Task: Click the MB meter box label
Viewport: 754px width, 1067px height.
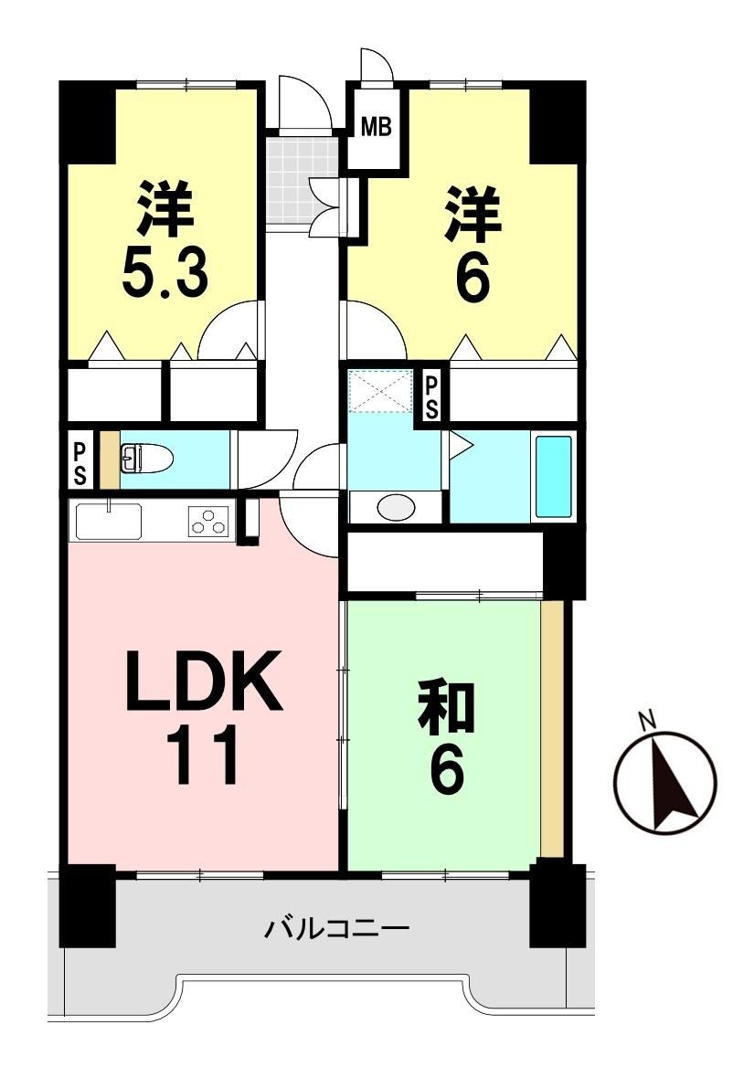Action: (377, 127)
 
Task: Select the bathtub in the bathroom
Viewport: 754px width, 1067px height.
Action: (553, 476)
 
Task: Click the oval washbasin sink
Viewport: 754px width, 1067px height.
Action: (396, 507)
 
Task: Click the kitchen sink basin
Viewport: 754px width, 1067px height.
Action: (109, 522)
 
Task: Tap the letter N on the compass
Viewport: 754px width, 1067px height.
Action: (646, 718)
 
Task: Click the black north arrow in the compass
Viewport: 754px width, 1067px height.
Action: (673, 783)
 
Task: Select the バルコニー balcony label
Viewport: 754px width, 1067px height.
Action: (337, 927)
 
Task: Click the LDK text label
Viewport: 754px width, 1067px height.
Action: (203, 681)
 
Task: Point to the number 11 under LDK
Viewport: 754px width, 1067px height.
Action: (203, 755)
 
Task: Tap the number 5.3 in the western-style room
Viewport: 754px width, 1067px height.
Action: (165, 273)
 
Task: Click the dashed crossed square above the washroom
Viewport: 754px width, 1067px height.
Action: (380, 391)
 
